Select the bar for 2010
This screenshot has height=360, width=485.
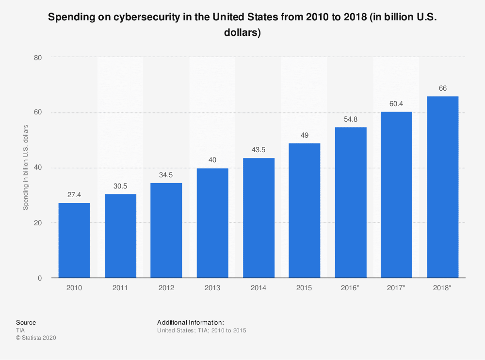(74, 240)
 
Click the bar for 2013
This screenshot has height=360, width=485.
(212, 223)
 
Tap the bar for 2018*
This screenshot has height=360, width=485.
(443, 187)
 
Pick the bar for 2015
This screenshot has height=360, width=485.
(305, 210)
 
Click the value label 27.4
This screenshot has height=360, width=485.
(74, 195)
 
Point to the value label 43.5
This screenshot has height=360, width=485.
(259, 150)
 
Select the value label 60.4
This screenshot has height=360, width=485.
(396, 104)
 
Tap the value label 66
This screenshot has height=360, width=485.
(443, 88)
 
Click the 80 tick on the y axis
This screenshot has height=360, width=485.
(38, 58)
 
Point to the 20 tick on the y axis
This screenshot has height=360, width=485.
(38, 223)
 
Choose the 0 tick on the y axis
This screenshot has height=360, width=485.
(40, 278)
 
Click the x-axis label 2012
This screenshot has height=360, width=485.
(166, 288)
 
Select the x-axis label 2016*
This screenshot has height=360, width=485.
(350, 288)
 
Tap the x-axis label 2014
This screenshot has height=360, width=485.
(259, 288)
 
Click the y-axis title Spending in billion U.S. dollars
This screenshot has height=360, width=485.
(26, 168)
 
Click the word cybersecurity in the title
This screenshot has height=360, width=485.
(146, 17)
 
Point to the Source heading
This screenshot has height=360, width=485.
(26, 323)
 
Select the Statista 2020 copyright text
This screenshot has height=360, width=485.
(36, 338)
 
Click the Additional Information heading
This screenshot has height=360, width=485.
(191, 323)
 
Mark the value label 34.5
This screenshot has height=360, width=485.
(166, 175)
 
